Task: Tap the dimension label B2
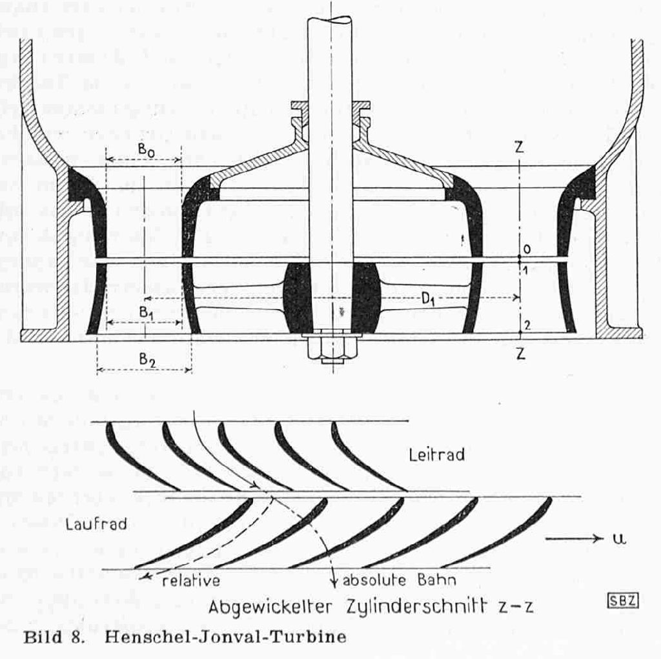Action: click(x=147, y=360)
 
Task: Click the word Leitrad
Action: click(x=437, y=455)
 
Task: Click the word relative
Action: click(x=190, y=580)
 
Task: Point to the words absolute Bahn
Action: click(x=399, y=580)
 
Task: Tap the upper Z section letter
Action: click(x=520, y=147)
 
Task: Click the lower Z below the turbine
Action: click(x=520, y=354)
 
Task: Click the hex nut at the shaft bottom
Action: click(x=330, y=349)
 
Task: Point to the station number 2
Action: click(x=527, y=325)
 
